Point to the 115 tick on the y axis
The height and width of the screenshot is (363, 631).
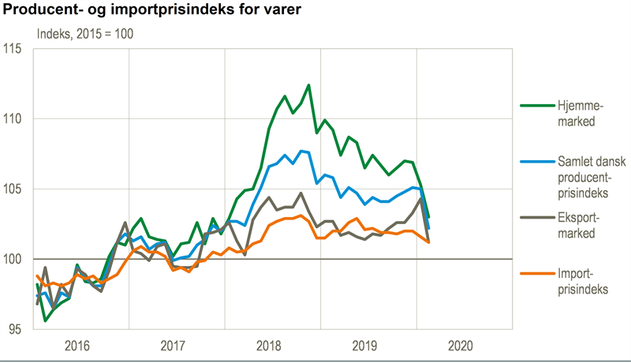click(x=17, y=49)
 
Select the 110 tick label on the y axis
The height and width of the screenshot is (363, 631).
click(x=17, y=119)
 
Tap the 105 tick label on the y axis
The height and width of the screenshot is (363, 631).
click(x=17, y=189)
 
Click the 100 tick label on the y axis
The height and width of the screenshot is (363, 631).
click(x=17, y=260)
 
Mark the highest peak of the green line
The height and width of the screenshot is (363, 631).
click(x=308, y=84)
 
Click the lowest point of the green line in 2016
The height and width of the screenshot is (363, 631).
click(x=45, y=320)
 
